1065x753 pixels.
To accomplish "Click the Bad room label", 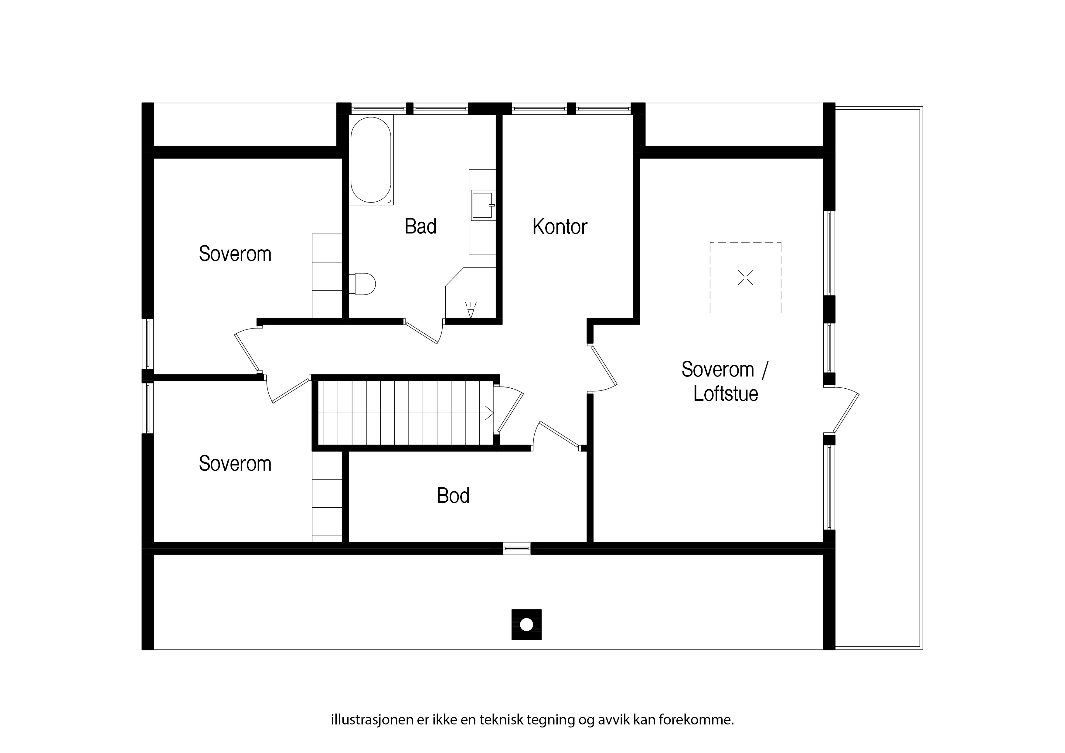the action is (420, 227).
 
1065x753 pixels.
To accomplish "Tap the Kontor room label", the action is (560, 227).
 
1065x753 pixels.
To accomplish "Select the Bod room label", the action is (453, 496).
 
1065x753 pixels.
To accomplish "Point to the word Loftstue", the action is (726, 394).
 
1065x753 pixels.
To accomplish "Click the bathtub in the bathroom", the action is (371, 160).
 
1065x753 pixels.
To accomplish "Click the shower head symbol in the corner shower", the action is (471, 310).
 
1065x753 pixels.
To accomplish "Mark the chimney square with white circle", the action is (526, 625).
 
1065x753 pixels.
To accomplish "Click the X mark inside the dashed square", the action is (745, 278).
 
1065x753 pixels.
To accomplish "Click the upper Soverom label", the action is (235, 254).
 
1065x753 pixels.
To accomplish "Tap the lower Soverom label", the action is (235, 464).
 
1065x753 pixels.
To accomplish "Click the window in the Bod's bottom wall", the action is (517, 548).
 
